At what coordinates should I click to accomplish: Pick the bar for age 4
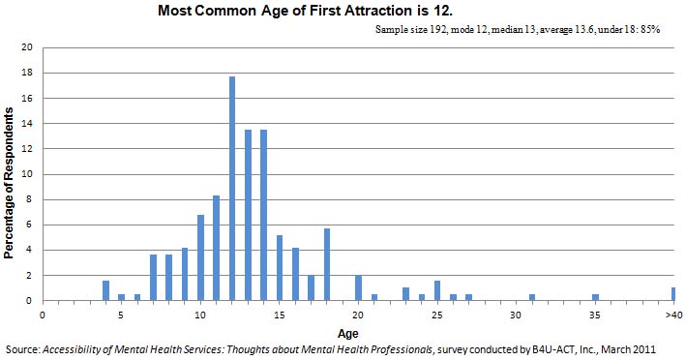point(105,290)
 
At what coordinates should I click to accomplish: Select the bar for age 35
point(595,297)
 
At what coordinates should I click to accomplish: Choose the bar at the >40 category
point(673,294)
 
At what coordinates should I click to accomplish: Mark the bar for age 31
point(532,297)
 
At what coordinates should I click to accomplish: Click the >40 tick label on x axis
point(671,315)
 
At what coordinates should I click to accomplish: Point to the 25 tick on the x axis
point(437,315)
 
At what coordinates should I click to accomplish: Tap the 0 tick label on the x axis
point(43,315)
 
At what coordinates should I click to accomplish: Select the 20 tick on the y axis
point(27,47)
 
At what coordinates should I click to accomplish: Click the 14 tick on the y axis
point(27,124)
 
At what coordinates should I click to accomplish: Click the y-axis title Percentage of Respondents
point(9,175)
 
